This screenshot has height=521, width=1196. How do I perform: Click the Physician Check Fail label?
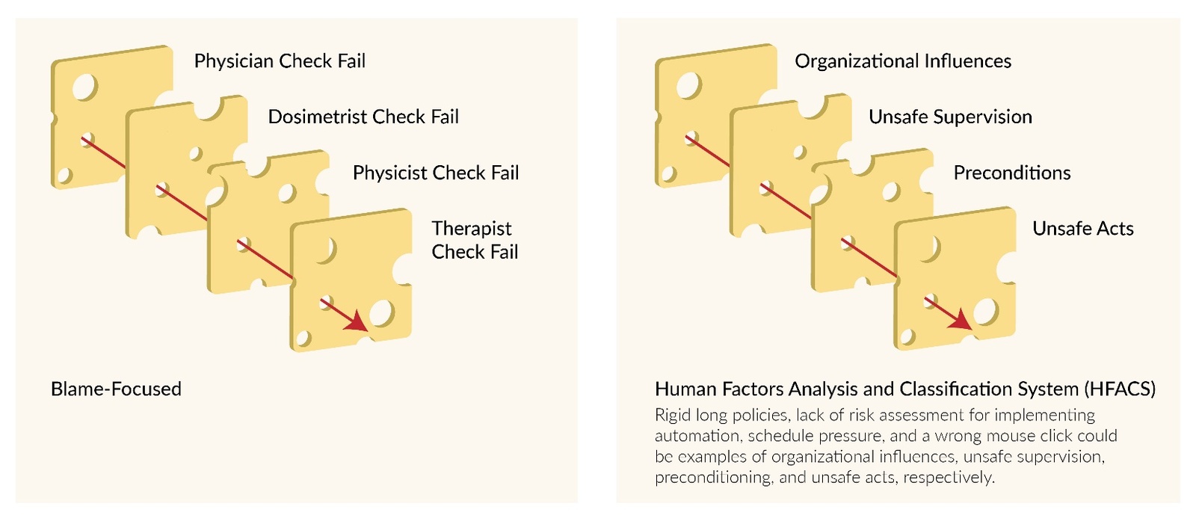coord(280,61)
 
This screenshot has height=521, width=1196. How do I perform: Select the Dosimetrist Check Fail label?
coord(363,117)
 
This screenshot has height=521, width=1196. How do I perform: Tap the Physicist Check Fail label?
coord(436,173)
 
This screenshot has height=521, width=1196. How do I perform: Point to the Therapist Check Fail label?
coord(475,240)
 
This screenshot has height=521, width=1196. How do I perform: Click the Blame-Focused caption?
coord(116,389)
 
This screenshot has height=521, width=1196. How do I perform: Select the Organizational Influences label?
coord(903,61)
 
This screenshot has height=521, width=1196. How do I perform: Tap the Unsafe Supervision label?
coord(950,117)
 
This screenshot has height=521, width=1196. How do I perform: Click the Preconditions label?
coord(1012,173)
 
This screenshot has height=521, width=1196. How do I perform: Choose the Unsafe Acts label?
coord(1083,229)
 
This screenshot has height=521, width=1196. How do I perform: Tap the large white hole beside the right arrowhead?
coord(985,312)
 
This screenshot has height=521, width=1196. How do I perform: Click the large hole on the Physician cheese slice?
coord(84,87)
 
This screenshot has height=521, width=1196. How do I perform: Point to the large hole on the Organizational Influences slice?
coord(688,86)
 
